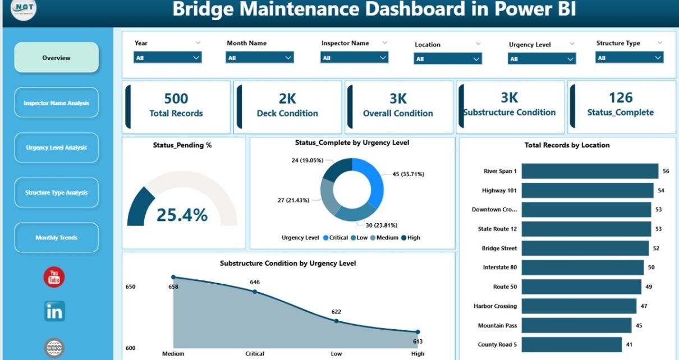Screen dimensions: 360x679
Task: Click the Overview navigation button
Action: point(56,58)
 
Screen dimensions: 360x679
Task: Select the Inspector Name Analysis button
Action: point(56,103)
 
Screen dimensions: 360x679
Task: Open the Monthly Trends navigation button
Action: point(56,238)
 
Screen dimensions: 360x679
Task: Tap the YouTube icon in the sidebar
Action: point(54,278)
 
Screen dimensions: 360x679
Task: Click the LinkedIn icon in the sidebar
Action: point(54,311)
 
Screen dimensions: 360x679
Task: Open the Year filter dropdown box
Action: point(167,57)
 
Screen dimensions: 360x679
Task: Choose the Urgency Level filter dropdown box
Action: point(542,59)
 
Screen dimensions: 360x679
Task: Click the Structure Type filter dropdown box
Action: point(629,57)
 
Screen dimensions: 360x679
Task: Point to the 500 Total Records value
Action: point(176,99)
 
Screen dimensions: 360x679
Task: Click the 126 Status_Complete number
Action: point(620,98)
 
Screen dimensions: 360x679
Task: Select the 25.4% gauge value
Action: point(182,215)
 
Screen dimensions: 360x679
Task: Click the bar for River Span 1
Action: point(589,171)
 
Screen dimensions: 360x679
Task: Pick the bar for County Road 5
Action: point(571,344)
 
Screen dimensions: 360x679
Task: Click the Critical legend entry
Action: point(336,238)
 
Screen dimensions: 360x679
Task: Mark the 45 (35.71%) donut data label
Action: point(408,174)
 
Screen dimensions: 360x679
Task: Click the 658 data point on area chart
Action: point(173,277)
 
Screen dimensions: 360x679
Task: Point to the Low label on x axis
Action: point(336,354)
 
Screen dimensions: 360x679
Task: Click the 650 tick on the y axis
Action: point(130,287)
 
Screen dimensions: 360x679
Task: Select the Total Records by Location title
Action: point(567,145)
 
